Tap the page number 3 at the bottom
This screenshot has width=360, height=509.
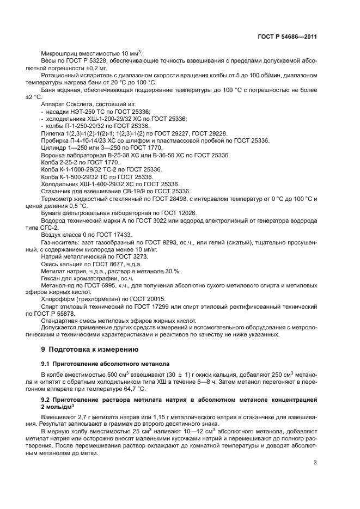click(x=315, y=463)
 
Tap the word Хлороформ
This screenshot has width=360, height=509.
click(x=59, y=298)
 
